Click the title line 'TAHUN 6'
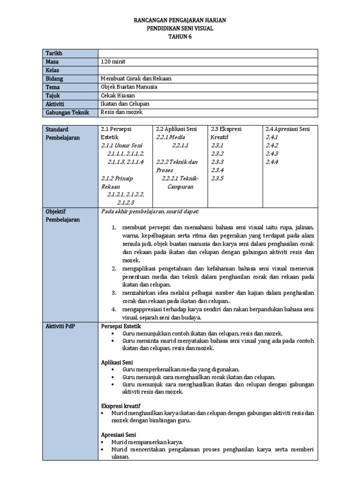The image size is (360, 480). tap(180, 37)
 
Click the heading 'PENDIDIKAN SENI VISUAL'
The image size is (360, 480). tap(180, 29)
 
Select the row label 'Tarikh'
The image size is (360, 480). tap(54, 53)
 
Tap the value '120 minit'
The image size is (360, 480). tap(113, 62)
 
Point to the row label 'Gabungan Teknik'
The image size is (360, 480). tap(65, 112)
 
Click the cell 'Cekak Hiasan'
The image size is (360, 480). tap(117, 96)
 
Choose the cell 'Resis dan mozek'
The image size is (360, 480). tap(121, 112)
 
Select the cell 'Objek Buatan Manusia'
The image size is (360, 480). tap(129, 87)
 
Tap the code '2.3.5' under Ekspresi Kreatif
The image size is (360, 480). tap(217, 178)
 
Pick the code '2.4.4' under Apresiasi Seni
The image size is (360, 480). tap(272, 162)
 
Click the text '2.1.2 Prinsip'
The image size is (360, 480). tap(117, 178)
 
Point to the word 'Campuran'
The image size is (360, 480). tap(180, 187)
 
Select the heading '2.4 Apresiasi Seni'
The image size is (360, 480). tap(288, 129)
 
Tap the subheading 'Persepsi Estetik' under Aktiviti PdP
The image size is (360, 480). tap(121, 326)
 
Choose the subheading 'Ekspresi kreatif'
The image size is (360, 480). tap(121, 405)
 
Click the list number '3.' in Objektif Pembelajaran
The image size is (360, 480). tap(113, 293)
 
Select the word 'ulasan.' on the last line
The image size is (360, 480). tap(120, 458)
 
